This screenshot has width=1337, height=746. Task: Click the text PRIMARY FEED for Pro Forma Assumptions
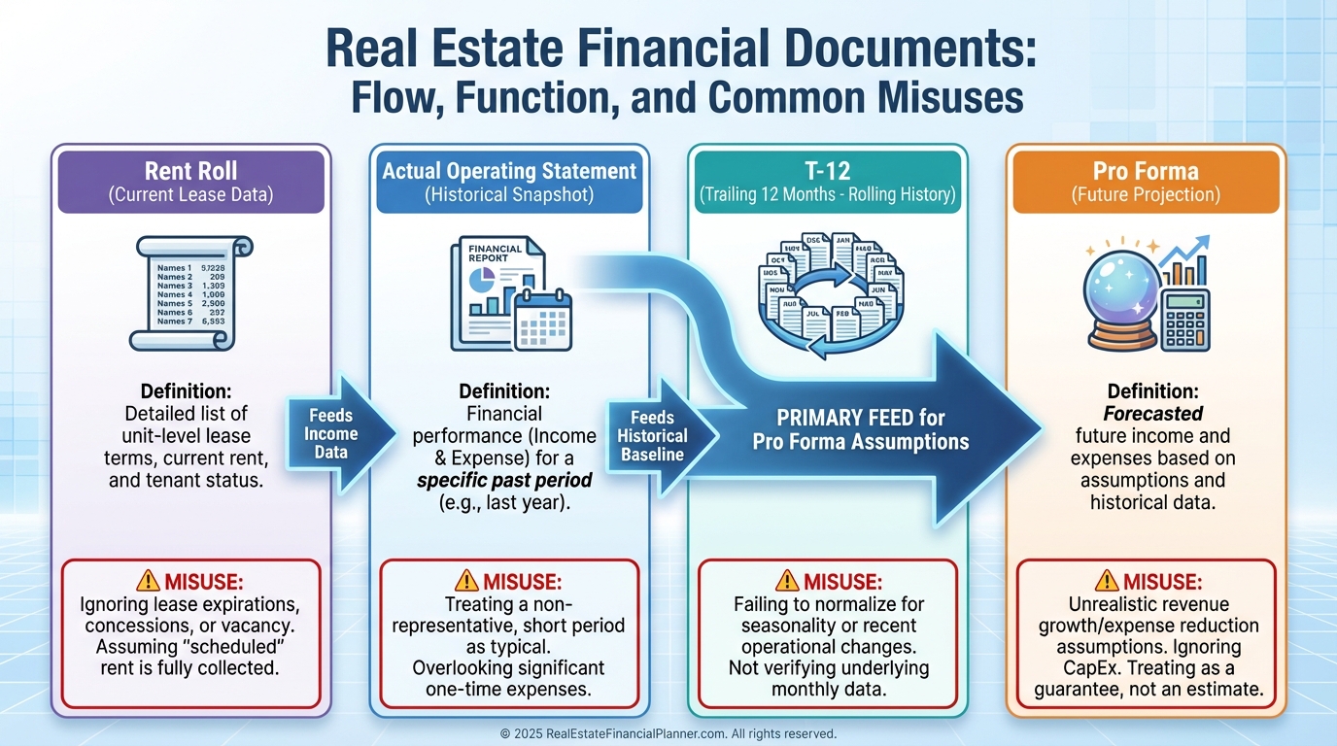[860, 430]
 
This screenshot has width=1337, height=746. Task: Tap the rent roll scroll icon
[190, 291]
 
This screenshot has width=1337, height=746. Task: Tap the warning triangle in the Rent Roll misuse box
[148, 581]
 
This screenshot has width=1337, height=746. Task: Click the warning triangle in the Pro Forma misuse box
[1105, 581]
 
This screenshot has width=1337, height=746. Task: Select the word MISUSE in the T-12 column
[840, 582]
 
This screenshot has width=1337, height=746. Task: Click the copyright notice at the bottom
[668, 733]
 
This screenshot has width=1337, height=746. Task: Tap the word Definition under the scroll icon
[186, 392]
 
